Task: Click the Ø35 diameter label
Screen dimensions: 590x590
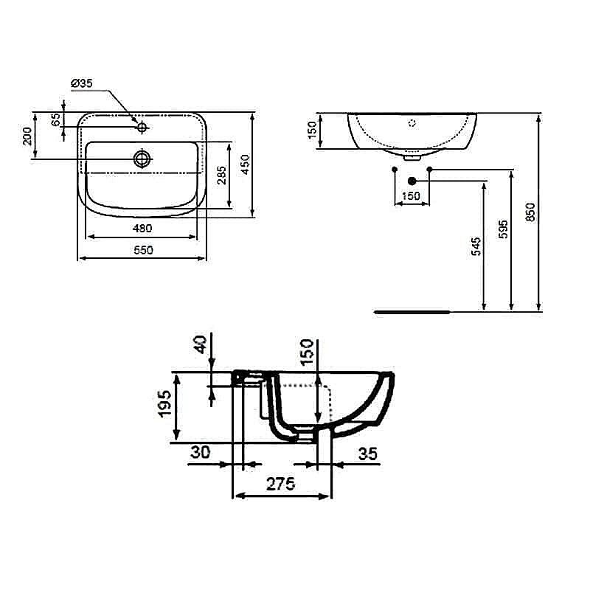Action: pyautogui.click(x=82, y=84)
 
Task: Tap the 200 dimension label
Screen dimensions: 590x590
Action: pyautogui.click(x=27, y=135)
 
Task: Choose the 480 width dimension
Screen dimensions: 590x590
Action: pyautogui.click(x=142, y=229)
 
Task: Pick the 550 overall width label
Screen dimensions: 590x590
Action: pyautogui.click(x=142, y=250)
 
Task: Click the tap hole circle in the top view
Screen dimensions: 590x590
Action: pyautogui.click(x=142, y=128)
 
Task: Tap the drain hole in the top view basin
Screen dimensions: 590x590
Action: pyautogui.click(x=142, y=158)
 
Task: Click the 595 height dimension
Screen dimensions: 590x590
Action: pyautogui.click(x=503, y=229)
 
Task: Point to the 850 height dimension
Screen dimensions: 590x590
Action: pyautogui.click(x=530, y=212)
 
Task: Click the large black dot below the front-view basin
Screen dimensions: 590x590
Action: pyautogui.click(x=412, y=181)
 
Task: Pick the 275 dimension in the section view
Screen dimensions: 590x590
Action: pyautogui.click(x=280, y=484)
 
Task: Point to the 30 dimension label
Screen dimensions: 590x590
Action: pyautogui.click(x=200, y=453)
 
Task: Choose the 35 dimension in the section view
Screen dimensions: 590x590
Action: pyautogui.click(x=367, y=453)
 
